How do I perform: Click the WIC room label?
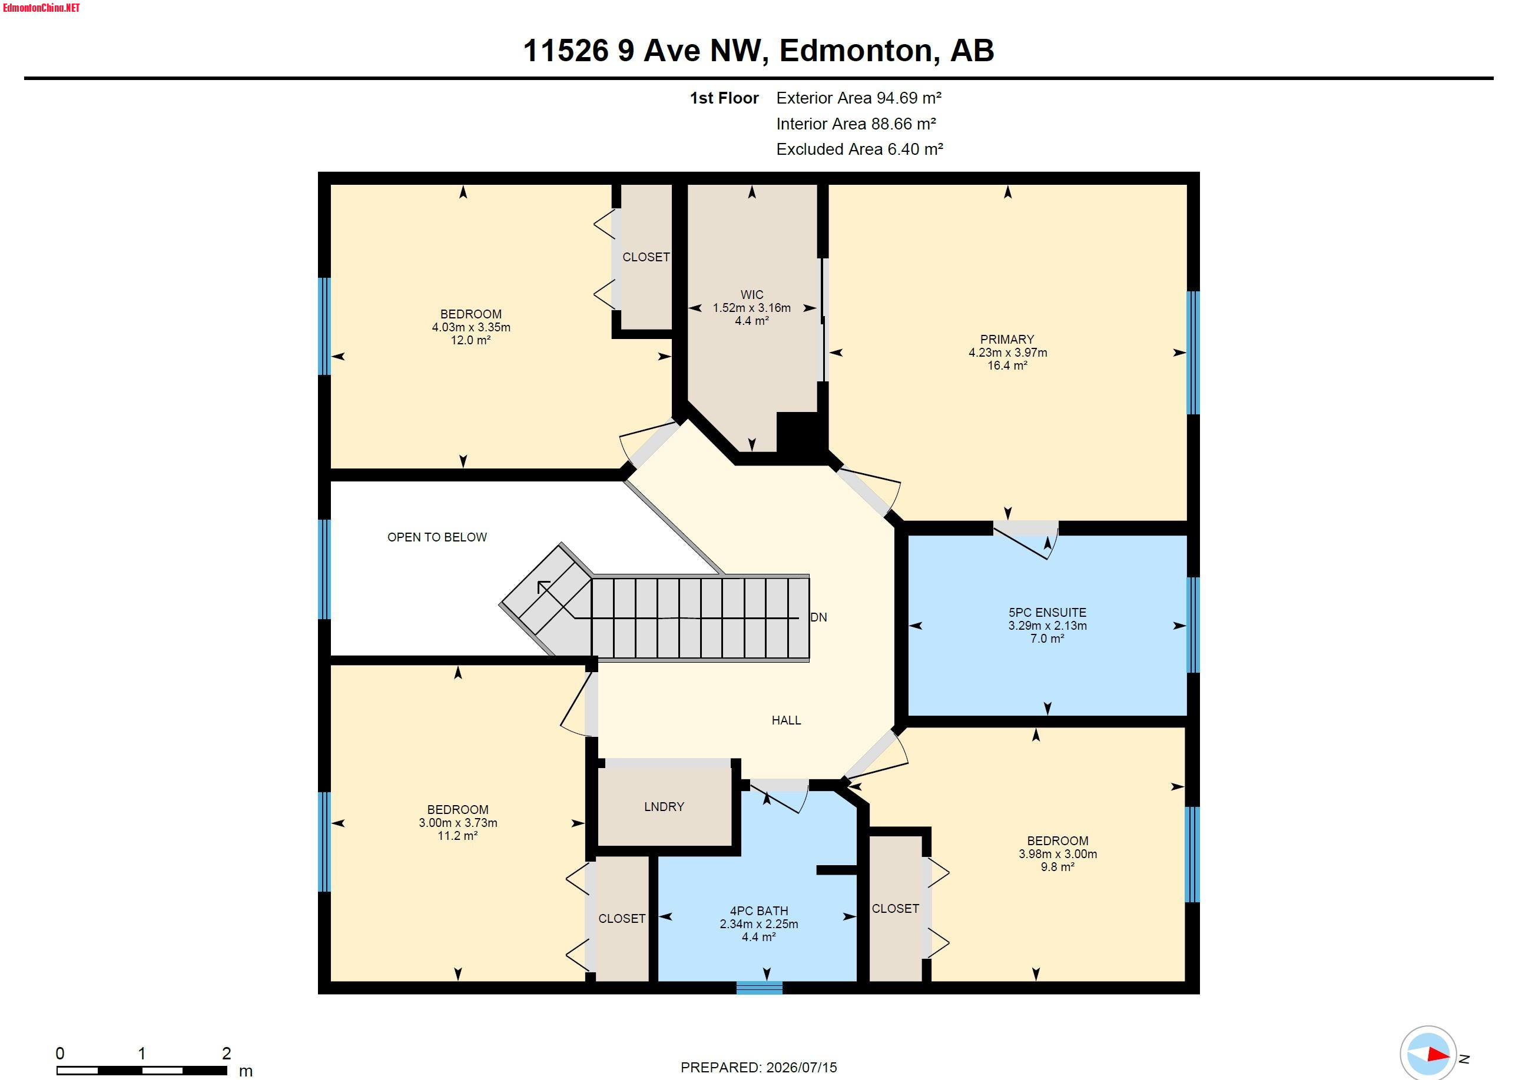point(751,295)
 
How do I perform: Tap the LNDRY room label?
point(664,807)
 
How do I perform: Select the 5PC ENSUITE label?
point(1047,612)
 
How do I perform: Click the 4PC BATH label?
point(759,911)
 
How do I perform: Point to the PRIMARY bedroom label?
point(1007,340)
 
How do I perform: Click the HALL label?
point(786,720)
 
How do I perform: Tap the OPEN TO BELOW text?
point(437,537)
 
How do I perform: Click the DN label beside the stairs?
point(818,617)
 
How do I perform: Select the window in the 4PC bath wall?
point(760,988)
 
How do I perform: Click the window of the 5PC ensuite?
point(1193,625)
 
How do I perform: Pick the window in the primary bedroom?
point(1193,353)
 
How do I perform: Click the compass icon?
point(1428,1054)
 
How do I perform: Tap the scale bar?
point(142,1071)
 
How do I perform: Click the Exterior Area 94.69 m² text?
point(858,98)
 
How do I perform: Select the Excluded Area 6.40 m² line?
point(860,149)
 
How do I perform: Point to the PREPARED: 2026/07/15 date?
point(759,1067)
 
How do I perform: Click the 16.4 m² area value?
point(1007,365)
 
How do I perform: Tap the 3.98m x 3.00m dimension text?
point(1057,854)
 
